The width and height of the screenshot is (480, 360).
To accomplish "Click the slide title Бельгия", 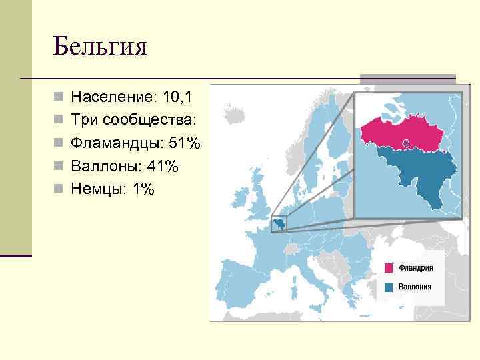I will point(100,47).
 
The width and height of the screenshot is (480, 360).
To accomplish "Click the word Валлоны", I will point(105,166).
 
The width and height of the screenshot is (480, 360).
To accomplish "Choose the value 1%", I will point(143,189).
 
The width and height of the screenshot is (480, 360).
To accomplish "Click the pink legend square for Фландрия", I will point(389,268).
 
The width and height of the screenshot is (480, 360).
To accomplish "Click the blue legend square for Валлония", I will point(389,287).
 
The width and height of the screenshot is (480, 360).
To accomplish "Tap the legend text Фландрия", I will point(416,268).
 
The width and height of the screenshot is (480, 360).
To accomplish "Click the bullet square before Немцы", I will point(60,189).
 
